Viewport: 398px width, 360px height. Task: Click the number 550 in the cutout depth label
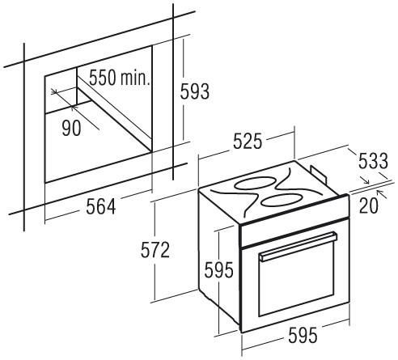tap(103, 78)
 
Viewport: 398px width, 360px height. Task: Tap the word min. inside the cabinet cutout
tap(135, 78)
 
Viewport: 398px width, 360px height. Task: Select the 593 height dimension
tap(195, 91)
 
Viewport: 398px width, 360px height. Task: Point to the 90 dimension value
tap(71, 128)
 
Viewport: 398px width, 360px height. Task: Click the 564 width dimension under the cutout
tap(101, 206)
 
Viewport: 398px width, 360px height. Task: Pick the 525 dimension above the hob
tap(248, 141)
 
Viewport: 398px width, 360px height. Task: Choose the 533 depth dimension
tap(373, 161)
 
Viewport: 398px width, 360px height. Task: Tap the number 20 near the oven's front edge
tap(369, 205)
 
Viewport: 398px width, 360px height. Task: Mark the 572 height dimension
tap(155, 250)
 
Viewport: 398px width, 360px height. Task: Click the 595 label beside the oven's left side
tap(218, 270)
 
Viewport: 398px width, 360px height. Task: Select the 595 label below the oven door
tap(303, 336)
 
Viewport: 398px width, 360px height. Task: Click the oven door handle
tap(298, 247)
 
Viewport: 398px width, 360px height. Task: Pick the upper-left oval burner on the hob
tap(254, 183)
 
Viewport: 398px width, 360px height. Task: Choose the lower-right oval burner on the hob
tap(282, 200)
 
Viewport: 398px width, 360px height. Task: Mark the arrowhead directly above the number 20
tap(380, 193)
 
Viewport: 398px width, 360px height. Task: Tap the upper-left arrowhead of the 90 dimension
tap(54, 91)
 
